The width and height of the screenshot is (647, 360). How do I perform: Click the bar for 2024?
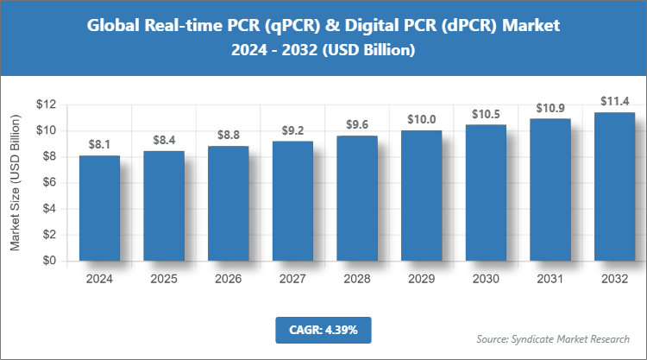(x=99, y=208)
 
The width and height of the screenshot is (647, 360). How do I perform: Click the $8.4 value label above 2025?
(x=164, y=139)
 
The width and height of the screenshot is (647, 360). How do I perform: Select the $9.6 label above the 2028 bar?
(x=356, y=123)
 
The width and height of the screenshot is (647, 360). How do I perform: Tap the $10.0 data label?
(x=421, y=118)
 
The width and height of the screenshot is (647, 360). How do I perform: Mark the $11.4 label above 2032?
(x=614, y=100)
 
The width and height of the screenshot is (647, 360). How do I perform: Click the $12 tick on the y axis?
(x=46, y=104)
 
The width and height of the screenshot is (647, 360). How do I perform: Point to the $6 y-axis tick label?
(x=48, y=182)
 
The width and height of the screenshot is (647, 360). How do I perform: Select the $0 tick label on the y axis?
(x=48, y=261)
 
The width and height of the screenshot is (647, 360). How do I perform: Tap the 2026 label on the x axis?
(x=228, y=280)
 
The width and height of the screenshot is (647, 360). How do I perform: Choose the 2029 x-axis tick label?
(x=421, y=280)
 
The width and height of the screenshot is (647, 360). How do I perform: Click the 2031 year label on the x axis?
(x=550, y=280)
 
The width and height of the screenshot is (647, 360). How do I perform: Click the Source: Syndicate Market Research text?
(x=552, y=338)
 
